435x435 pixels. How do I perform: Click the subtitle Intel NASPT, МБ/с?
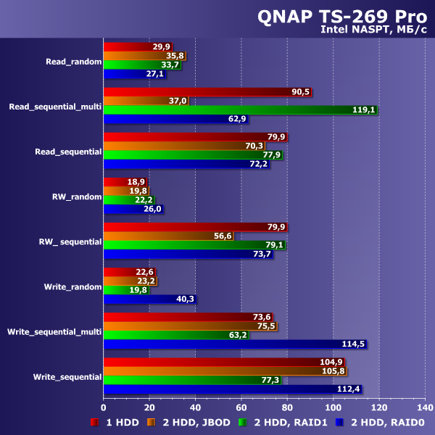tap(373, 30)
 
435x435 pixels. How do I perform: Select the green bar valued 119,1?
tap(239, 109)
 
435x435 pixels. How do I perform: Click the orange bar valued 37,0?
tap(145, 101)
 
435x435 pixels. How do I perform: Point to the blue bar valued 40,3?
tap(149, 299)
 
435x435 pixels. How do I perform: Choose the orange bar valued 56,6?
tap(168, 236)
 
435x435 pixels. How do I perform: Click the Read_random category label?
tap(73, 62)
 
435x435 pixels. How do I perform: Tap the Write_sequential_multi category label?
tap(54, 331)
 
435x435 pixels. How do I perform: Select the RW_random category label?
tap(77, 196)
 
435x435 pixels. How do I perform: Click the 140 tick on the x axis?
tap(424, 407)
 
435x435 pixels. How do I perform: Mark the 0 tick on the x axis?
tap(104, 407)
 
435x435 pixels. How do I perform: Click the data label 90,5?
tap(301, 92)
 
